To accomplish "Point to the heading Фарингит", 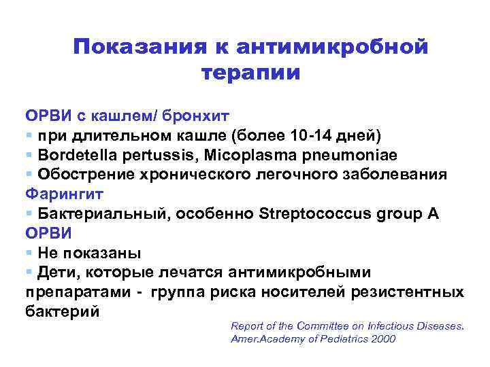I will [65, 194].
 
